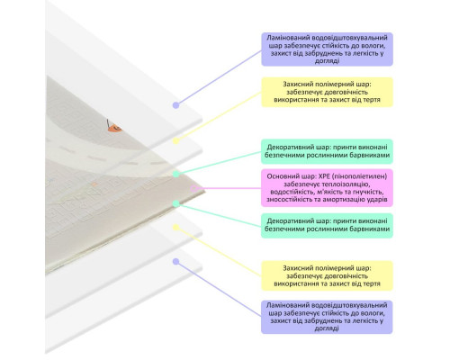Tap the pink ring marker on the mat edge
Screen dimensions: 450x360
tap(194, 188)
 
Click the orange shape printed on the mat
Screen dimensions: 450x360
tap(114, 128)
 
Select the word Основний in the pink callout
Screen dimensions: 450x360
tap(281, 176)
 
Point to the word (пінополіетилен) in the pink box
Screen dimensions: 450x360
tap(360, 176)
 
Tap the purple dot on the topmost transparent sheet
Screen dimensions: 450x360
tap(176, 105)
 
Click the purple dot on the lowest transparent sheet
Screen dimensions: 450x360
tap(176, 261)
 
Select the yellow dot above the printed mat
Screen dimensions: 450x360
tap(176, 140)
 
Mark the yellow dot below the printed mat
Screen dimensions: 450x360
tap(176, 228)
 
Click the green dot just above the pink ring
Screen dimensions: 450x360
tap(176, 174)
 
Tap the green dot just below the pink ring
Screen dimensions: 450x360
tap(176, 203)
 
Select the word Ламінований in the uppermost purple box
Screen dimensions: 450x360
tap(288, 38)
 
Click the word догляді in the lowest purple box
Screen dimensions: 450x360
tap(327, 328)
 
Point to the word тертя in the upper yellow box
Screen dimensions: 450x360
tap(372, 100)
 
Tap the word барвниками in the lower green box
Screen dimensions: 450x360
tap(371, 229)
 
